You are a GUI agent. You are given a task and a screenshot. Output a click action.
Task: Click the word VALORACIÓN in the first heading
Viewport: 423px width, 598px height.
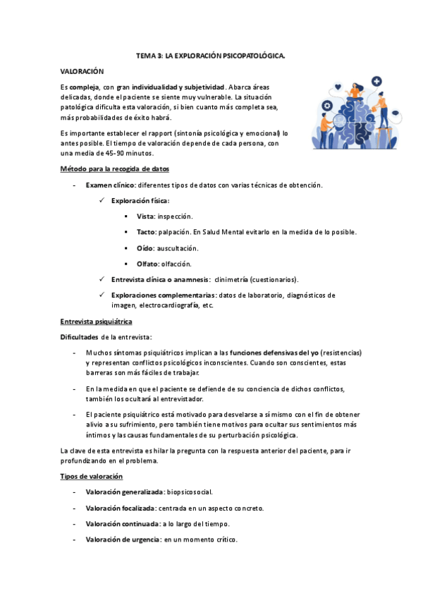click(82, 71)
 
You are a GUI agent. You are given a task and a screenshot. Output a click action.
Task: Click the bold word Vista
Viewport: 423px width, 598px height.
click(146, 216)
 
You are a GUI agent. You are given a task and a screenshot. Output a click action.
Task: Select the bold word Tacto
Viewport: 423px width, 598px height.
click(147, 231)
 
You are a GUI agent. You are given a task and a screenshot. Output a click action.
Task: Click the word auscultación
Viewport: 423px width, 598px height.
click(178, 248)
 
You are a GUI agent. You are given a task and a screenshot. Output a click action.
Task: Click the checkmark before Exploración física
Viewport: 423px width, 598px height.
click(103, 201)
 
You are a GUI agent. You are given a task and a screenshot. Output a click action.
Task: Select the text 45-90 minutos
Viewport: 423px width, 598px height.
click(133, 153)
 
